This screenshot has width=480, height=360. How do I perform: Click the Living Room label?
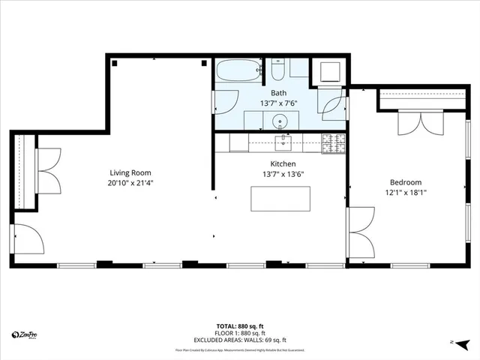click(125, 172)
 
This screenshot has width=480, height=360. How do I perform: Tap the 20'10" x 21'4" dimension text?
click(125, 182)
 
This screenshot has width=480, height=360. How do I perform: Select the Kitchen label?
click(283, 163)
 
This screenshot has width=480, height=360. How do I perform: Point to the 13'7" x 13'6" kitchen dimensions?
click(283, 174)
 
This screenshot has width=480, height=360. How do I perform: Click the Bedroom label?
click(405, 182)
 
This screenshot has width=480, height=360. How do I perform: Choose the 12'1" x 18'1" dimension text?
click(405, 193)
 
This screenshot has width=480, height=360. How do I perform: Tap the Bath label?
click(279, 93)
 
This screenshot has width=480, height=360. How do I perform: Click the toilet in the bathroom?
click(277, 70)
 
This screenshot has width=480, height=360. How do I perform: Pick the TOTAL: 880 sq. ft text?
click(239, 326)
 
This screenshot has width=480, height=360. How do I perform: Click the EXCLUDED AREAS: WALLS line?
click(239, 340)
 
